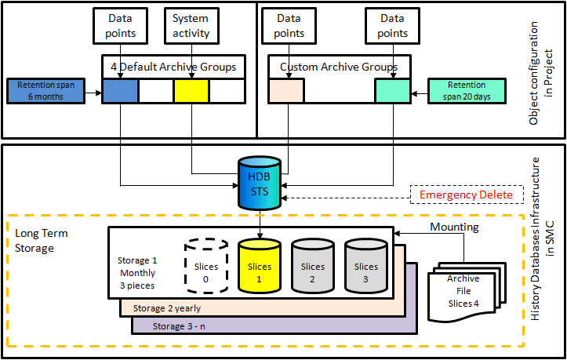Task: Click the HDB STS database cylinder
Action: (259, 183)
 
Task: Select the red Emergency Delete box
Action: (466, 195)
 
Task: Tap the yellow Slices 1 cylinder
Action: (259, 267)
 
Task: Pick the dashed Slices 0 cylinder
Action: (206, 267)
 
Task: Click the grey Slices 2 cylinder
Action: (312, 267)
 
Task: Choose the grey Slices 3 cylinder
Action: (365, 267)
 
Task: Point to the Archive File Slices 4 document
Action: (463, 291)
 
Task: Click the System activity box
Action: (191, 26)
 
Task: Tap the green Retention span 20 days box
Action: (466, 91)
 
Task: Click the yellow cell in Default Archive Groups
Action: (191, 91)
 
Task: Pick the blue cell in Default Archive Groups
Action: (120, 91)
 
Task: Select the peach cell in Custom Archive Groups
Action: (286, 91)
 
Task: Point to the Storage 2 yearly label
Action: (166, 308)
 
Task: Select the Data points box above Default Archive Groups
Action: (121, 26)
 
